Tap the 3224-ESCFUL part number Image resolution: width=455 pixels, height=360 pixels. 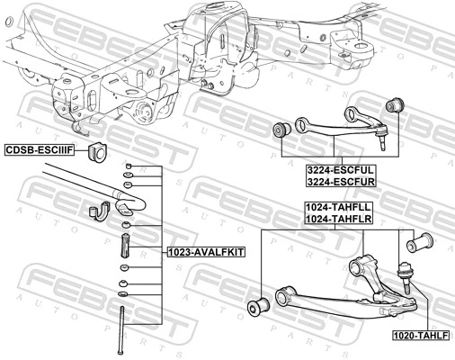340,168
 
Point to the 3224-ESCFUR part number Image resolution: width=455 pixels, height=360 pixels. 340,181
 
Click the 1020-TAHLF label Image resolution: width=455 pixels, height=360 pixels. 418,335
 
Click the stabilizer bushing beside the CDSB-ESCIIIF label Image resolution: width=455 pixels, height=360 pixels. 99,150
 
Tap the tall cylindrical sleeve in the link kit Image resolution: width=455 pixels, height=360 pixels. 126,245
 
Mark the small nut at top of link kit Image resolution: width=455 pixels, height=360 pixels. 129,167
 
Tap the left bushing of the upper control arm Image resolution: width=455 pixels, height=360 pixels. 282,131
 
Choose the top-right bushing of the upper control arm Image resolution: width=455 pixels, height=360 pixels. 391,105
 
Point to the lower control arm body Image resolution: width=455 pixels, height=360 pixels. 333,297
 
